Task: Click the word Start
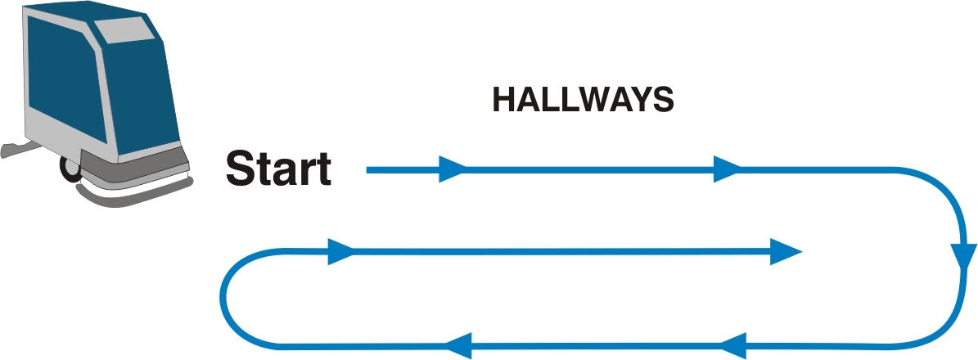click(x=278, y=168)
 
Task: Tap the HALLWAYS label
click(x=584, y=100)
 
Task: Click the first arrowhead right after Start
click(x=453, y=169)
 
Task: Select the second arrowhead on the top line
click(x=728, y=169)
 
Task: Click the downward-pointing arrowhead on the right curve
click(x=964, y=257)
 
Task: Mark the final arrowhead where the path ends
click(x=786, y=251)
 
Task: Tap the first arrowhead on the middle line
click(x=341, y=251)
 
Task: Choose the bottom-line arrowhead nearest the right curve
click(x=732, y=345)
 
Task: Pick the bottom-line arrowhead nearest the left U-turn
click(x=457, y=345)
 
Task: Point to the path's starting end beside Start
click(x=367, y=169)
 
